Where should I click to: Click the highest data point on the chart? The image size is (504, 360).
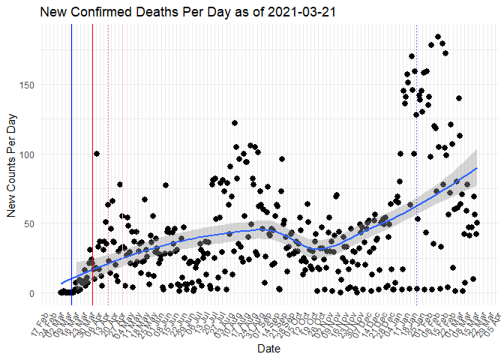pyautogui.click(x=438, y=37)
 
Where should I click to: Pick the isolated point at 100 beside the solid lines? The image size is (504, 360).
pyautogui.click(x=97, y=154)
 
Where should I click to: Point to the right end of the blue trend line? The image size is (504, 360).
pyautogui.click(x=477, y=168)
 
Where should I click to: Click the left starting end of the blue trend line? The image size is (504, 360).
pyautogui.click(x=61, y=283)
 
